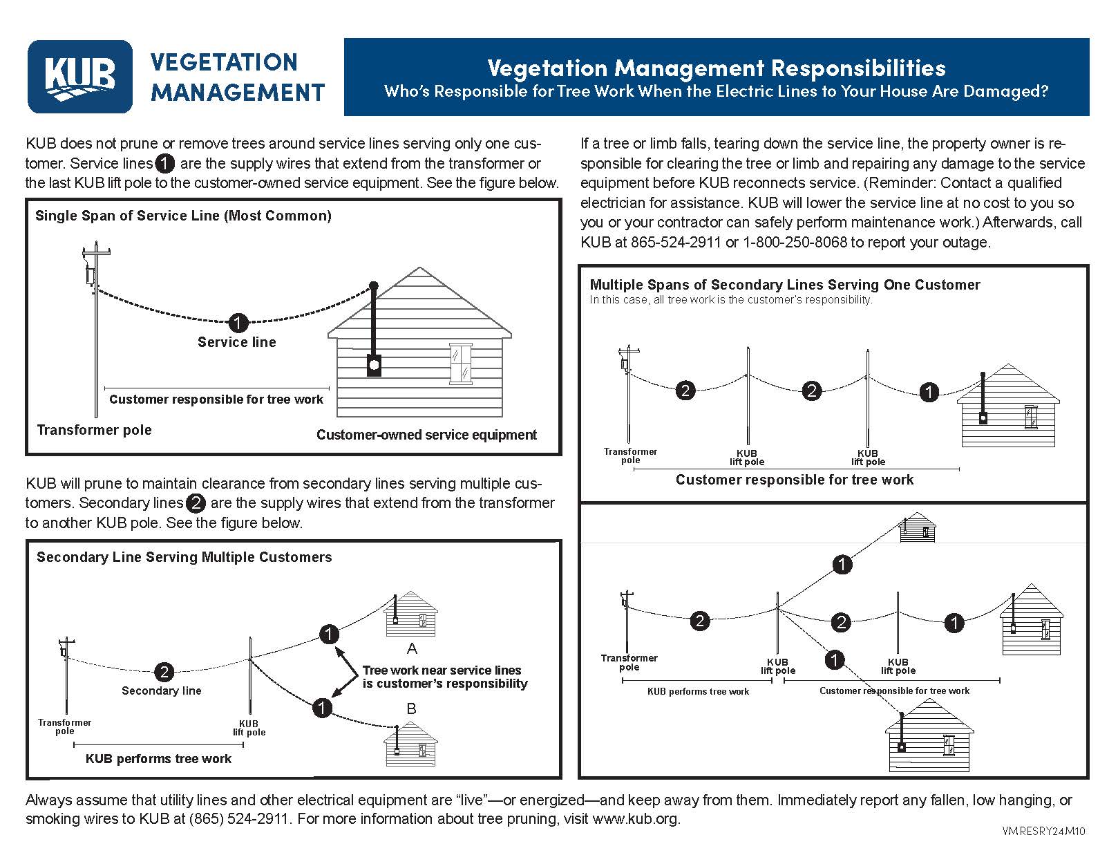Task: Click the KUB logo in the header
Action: click(x=79, y=77)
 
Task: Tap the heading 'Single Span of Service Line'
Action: click(x=183, y=216)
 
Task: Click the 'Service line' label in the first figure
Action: click(x=236, y=342)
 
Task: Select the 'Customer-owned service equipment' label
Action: click(x=426, y=435)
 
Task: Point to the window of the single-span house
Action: click(x=459, y=363)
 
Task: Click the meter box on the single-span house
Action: click(x=374, y=364)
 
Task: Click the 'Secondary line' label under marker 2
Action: click(x=161, y=691)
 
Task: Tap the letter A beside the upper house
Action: click(x=412, y=648)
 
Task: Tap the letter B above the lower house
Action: click(x=411, y=708)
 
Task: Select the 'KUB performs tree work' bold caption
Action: click(x=158, y=759)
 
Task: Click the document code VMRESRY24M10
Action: click(x=1043, y=832)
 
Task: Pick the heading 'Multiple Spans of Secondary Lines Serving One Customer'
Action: click(x=784, y=285)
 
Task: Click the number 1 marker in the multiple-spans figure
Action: click(x=929, y=392)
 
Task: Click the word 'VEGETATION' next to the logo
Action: click(x=223, y=62)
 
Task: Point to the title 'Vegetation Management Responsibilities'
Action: click(x=716, y=68)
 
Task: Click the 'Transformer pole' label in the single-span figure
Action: click(x=94, y=430)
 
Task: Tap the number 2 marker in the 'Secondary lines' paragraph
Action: click(x=196, y=503)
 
